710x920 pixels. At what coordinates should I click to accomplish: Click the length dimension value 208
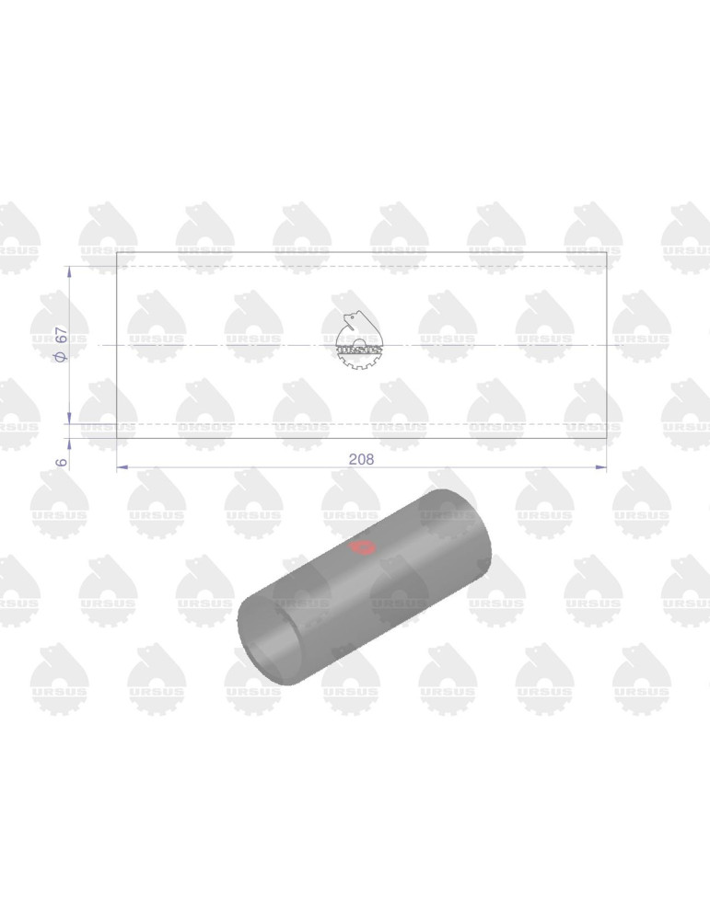[361, 459]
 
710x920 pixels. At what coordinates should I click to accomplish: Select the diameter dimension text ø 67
[61, 344]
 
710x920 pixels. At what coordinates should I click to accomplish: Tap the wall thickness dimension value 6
[62, 463]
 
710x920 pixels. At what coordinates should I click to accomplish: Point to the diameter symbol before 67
[61, 357]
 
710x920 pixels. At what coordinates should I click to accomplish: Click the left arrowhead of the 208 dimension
[122, 467]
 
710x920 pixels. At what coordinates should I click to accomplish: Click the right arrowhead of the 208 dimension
[600, 467]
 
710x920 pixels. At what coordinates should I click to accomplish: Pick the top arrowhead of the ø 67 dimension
[69, 271]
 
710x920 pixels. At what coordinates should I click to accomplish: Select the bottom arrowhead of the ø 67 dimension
[69, 417]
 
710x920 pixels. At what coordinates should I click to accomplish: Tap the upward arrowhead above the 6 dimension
[69, 443]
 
